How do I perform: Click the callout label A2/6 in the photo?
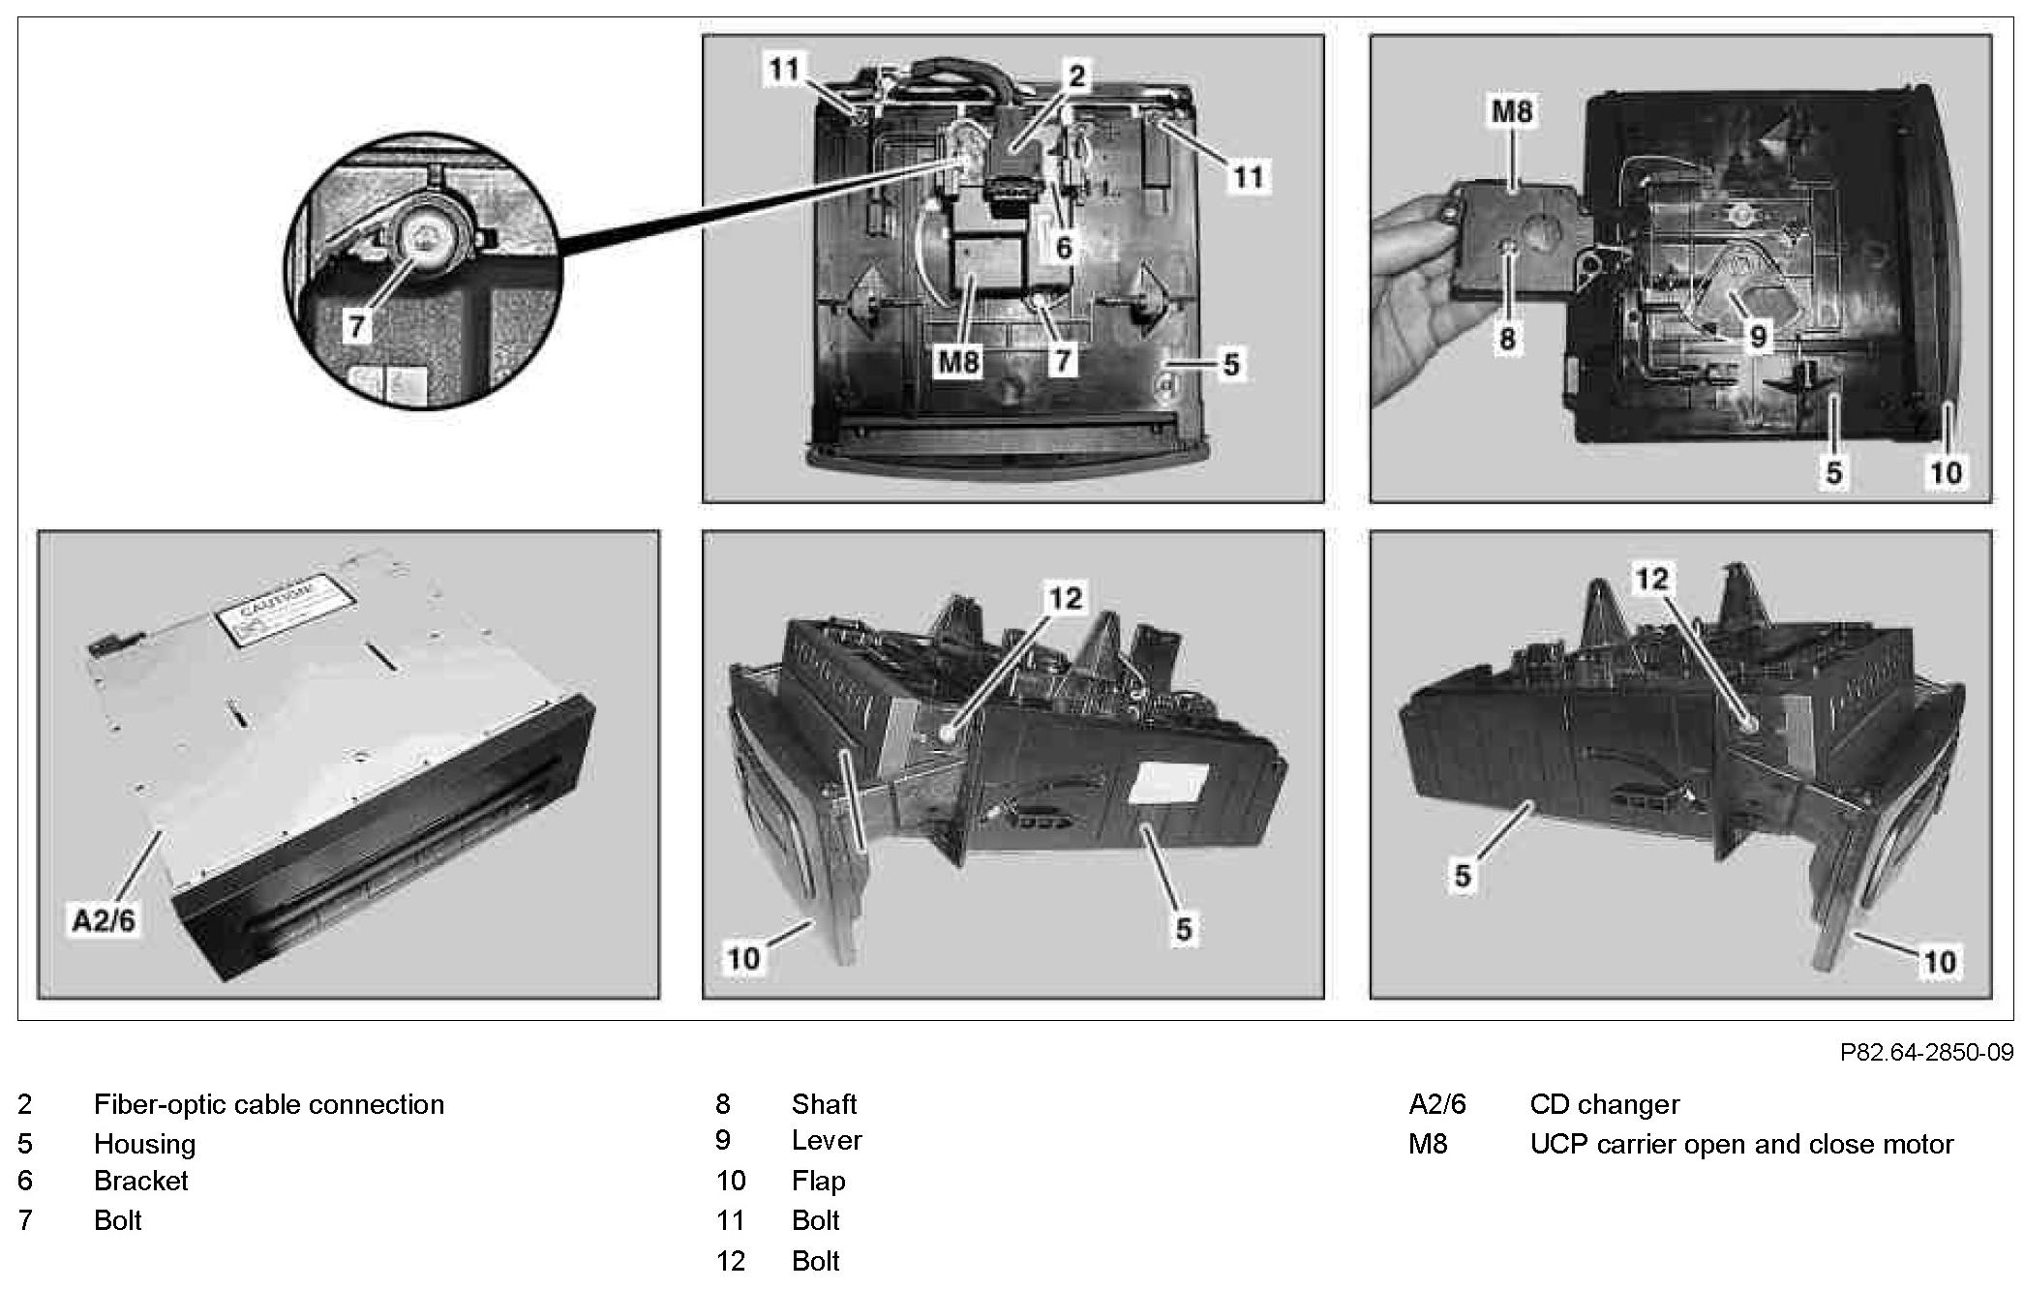coord(104,918)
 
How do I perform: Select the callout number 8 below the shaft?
coord(1506,339)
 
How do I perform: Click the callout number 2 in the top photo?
coord(1076,75)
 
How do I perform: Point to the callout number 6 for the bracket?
coord(1064,248)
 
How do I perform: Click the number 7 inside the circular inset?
coord(357,326)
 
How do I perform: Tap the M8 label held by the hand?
coord(1512,111)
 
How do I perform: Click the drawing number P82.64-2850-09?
coord(1926,1052)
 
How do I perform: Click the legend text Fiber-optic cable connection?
coord(268,1104)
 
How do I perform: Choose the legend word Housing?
coord(144,1144)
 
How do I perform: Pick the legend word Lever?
coord(826,1140)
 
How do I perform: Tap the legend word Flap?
coord(818,1181)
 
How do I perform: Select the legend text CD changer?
coord(1604,1104)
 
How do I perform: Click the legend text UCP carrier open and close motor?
coord(1740,1144)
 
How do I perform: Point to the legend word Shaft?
coord(824,1104)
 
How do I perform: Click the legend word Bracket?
coord(140,1181)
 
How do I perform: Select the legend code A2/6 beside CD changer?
coord(1436,1104)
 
